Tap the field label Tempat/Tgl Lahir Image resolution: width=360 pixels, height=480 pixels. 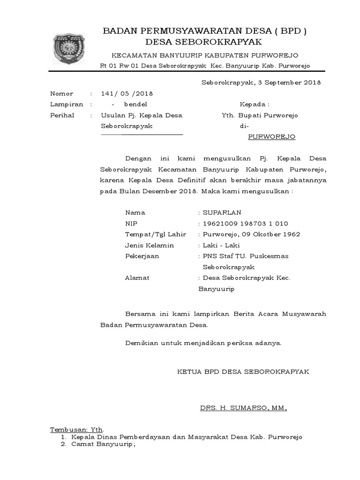156,234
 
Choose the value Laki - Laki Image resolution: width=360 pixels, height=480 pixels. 221,245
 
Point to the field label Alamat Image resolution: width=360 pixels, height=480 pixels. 137,278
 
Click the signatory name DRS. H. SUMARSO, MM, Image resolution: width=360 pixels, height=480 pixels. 243,408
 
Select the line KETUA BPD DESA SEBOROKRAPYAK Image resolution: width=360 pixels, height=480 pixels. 243,371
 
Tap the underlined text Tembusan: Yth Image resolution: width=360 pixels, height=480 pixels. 77,430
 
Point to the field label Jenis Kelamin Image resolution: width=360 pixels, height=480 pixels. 150,245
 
